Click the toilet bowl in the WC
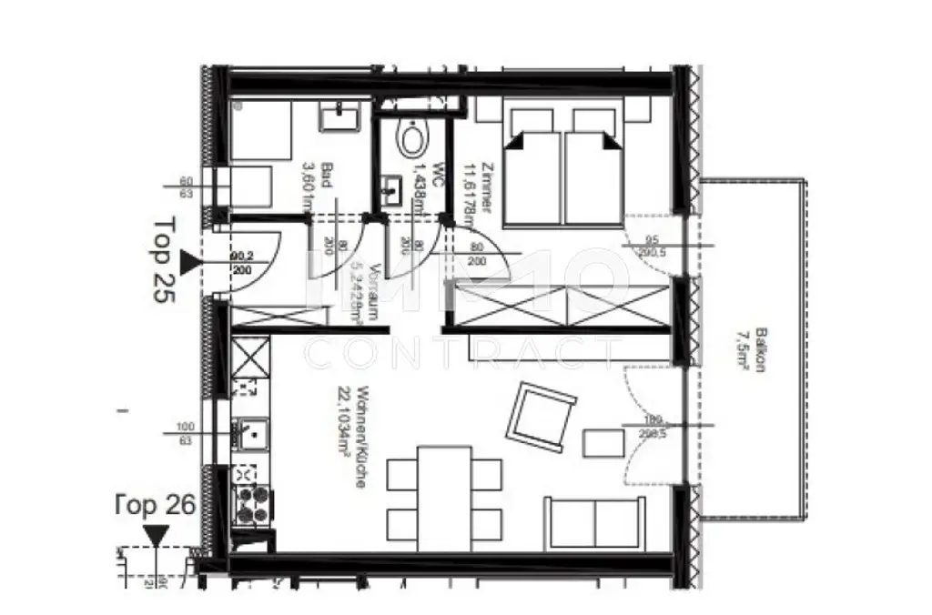413,140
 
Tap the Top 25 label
165,263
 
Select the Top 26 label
156,505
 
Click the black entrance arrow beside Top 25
189,264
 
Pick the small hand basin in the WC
393,190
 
